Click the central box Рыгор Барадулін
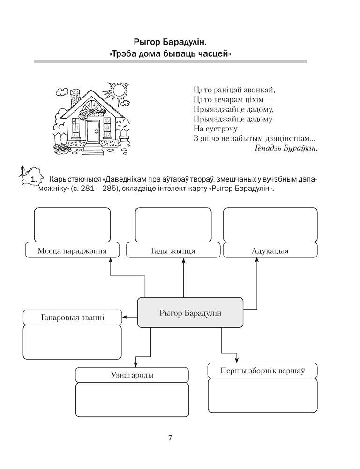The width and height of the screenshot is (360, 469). [190, 312]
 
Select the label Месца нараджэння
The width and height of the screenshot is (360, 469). [72, 250]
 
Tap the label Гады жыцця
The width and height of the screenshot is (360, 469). [173, 250]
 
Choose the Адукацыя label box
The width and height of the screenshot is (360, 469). [270, 250]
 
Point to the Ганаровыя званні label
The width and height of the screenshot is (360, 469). [72, 318]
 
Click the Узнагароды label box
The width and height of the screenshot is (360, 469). [132, 375]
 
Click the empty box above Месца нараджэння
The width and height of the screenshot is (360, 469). [72, 225]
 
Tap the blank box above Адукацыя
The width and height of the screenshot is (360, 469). [270, 225]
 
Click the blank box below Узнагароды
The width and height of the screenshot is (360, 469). [132, 400]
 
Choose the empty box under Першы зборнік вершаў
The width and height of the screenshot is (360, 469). [262, 395]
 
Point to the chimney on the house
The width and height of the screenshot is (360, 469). [74, 98]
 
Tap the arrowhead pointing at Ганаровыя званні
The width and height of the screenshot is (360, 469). [124, 318]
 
